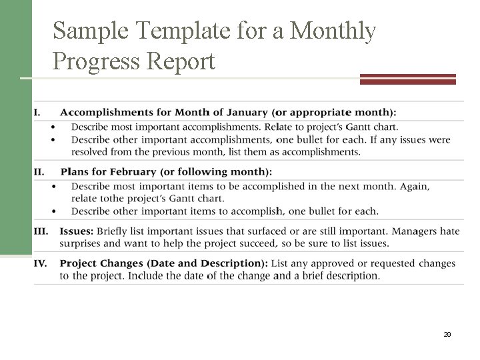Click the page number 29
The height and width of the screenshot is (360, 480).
(447, 335)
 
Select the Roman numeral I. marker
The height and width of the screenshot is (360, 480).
(37, 112)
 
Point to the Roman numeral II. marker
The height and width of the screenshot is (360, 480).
(39, 171)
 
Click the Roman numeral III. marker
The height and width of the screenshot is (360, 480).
(41, 231)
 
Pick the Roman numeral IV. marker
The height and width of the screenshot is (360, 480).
(40, 263)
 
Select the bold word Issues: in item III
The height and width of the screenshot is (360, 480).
(76, 231)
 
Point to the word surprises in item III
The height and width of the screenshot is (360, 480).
(82, 243)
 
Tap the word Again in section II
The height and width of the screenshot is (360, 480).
(414, 187)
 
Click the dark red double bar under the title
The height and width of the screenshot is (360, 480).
(407, 79)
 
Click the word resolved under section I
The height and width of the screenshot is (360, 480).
(92, 151)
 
